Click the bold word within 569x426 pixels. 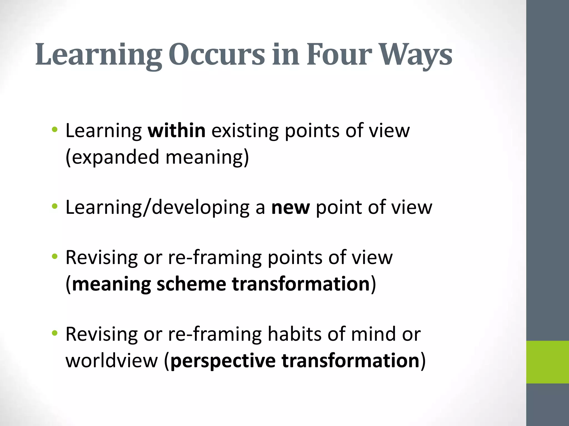(x=177, y=130)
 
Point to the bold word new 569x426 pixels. (x=290, y=207)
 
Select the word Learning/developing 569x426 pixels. (x=158, y=207)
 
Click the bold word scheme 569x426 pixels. (x=191, y=284)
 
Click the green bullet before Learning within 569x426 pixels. (x=55, y=129)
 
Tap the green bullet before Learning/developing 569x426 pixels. (x=55, y=206)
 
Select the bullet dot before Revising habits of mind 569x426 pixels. (x=55, y=333)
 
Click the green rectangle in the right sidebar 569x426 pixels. (x=547, y=362)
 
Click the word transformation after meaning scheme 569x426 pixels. (x=301, y=284)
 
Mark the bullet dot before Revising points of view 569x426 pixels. (x=55, y=256)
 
